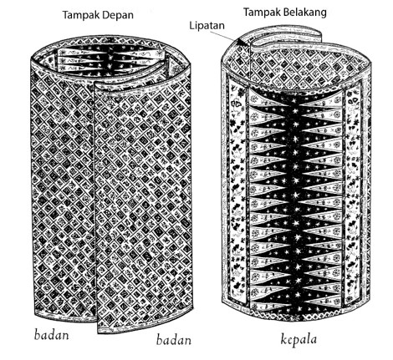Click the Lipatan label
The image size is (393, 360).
tap(207, 26)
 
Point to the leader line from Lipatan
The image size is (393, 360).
tap(224, 36)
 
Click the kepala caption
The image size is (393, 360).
tap(299, 340)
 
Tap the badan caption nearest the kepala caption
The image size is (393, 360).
tap(174, 340)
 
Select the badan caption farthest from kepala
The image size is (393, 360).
tap(51, 334)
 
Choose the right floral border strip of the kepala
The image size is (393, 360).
tap(354, 195)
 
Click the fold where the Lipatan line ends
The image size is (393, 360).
tap(239, 42)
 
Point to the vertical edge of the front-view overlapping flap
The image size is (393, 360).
tap(95, 206)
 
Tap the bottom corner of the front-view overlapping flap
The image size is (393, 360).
tap(98, 332)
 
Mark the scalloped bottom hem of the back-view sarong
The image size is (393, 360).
tap(296, 316)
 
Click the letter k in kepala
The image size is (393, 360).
tap(283, 340)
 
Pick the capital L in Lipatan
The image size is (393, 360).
tap(191, 25)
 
